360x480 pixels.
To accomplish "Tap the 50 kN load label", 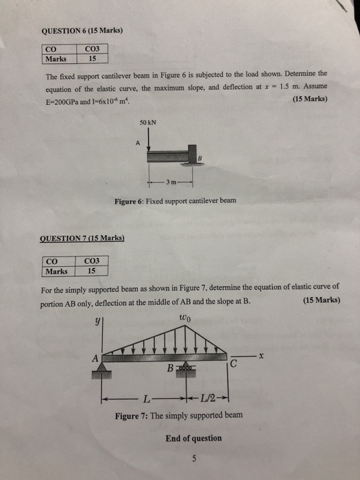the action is point(148,124).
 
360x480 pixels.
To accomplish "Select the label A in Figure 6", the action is point(137,143).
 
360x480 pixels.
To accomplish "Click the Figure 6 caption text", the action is point(175,200).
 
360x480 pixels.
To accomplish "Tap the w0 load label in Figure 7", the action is point(184,317).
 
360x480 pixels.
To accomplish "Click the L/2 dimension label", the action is point(213,398).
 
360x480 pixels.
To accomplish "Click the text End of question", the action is point(193,438).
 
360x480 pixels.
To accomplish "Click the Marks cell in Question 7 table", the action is point(58,270).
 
